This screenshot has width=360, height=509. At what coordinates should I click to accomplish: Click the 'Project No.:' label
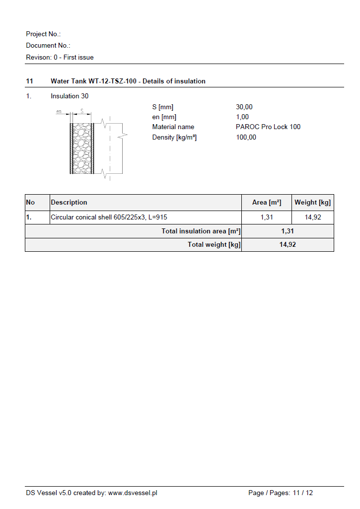coord(43,34)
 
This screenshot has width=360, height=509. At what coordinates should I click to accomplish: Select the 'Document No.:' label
coord(48,46)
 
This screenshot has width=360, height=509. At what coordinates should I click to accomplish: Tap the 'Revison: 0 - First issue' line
coord(60,58)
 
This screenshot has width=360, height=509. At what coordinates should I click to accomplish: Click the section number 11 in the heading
coord(29,81)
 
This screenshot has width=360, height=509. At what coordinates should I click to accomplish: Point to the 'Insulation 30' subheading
coord(70,96)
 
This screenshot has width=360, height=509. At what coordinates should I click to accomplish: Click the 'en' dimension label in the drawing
coord(59,112)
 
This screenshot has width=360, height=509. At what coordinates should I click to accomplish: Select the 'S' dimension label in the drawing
coord(81,111)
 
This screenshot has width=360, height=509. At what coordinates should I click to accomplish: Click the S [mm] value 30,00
coord(244,107)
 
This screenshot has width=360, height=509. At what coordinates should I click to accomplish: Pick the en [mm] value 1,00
coord(242,117)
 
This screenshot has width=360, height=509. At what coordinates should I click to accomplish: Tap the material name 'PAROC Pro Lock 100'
coord(268,127)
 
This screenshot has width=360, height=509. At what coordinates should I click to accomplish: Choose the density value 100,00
coord(246,138)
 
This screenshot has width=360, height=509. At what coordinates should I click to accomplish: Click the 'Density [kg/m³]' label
coord(174,138)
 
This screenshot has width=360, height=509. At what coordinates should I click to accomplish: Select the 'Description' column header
coord(69,202)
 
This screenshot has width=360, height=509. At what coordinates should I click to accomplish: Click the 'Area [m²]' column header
coord(267,202)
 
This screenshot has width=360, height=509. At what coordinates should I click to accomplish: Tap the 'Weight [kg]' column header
coord(312,202)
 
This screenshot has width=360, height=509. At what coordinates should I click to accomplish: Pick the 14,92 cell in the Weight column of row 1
coord(313,218)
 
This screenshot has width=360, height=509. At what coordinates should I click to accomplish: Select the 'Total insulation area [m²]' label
coord(201,231)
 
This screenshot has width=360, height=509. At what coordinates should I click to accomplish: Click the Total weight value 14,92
coord(288,245)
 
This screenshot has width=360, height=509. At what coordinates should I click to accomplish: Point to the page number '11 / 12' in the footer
coord(303,493)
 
